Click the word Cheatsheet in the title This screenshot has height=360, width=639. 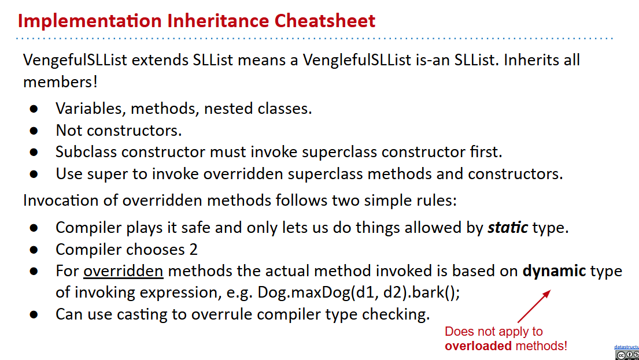(325, 21)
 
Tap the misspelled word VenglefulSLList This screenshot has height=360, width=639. (357, 60)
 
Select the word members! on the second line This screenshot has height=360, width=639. (60, 81)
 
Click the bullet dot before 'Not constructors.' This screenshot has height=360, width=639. (34, 131)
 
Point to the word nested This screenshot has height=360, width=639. (228, 108)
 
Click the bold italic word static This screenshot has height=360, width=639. (507, 227)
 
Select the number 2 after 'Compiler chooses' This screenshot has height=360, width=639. (193, 249)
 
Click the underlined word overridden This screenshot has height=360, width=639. (123, 271)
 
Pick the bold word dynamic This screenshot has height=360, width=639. (554, 271)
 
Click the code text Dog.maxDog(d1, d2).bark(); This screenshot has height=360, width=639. (359, 293)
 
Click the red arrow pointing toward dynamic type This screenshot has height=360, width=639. (534, 306)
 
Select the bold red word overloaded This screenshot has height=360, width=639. (478, 346)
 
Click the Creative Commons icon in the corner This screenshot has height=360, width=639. (627, 355)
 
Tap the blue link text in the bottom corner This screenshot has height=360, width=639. (626, 347)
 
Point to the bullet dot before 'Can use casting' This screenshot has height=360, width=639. (34, 315)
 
